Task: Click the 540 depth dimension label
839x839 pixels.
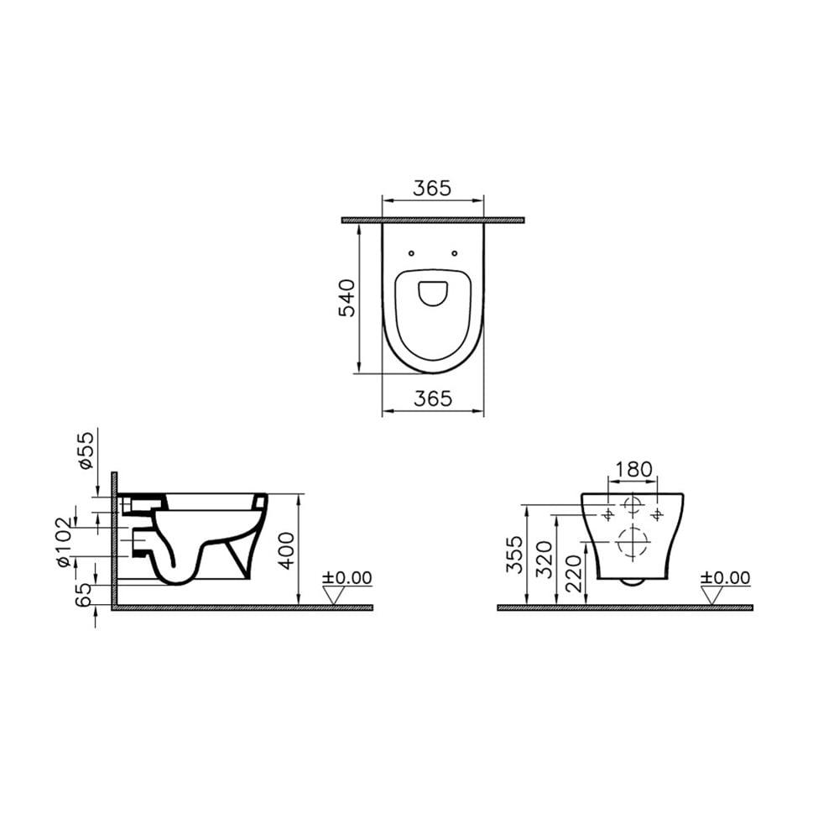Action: click(x=347, y=298)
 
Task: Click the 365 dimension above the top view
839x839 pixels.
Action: click(x=432, y=188)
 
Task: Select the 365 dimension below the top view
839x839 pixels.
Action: click(x=433, y=398)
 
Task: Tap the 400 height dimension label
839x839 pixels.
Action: click(x=286, y=550)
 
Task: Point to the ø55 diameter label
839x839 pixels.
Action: click(x=86, y=451)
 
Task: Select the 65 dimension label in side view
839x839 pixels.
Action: click(x=83, y=595)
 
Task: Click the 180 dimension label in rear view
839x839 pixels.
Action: click(x=633, y=469)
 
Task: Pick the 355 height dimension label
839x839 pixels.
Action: click(x=515, y=555)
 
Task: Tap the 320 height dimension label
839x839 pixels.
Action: click(x=545, y=560)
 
